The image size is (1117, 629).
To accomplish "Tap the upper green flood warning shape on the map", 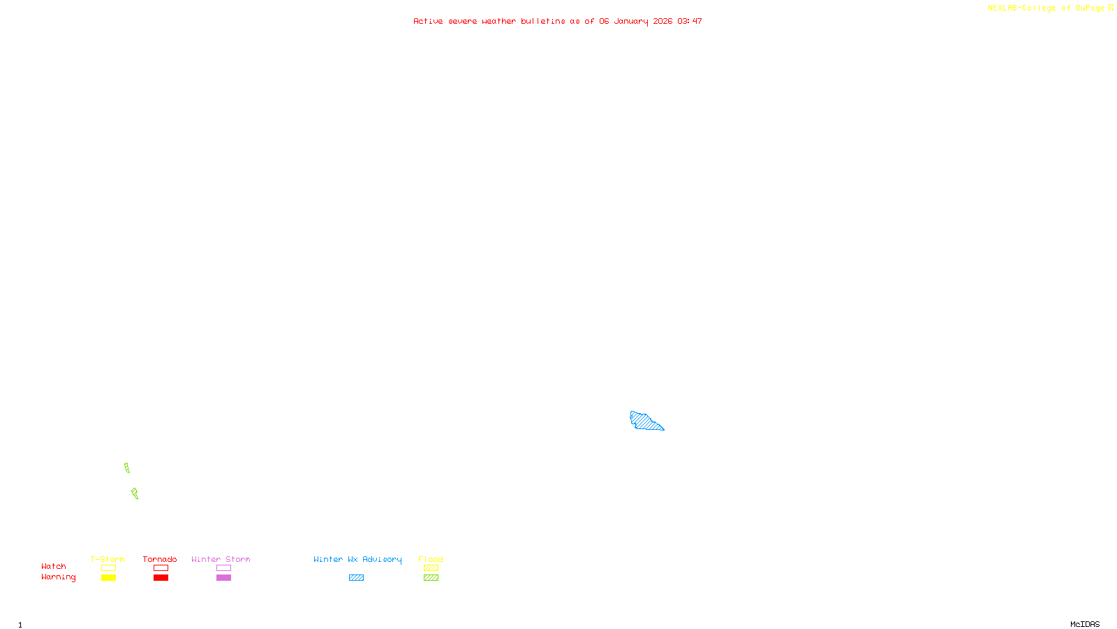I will point(127,468).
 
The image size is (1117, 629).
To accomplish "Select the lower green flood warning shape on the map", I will point(135,494).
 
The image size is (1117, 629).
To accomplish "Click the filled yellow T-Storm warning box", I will point(108,578).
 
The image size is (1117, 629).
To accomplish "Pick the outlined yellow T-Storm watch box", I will point(108,568).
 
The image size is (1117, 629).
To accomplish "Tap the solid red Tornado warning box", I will point(161,578).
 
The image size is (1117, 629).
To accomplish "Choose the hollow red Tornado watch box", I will point(161,568).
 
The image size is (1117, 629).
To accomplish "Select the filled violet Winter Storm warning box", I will point(223,578).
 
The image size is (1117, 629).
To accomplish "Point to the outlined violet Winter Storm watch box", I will point(223,568).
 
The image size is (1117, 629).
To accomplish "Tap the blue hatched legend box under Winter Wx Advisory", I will point(356,578).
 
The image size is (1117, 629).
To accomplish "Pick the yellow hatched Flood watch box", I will point(431,568).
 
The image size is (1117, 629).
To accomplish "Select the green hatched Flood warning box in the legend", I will point(431,578).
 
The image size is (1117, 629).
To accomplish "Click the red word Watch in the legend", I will point(54,567).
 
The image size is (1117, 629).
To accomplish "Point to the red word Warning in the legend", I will point(58,577).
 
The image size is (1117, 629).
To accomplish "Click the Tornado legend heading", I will point(160,559).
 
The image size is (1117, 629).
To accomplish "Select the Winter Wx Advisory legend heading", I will point(357,559).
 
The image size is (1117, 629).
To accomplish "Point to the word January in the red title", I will point(631,22).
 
